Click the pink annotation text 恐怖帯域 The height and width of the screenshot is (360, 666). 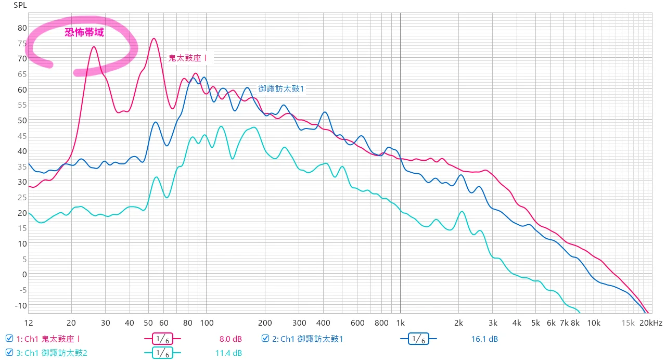click(x=84, y=32)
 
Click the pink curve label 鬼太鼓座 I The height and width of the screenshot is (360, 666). click(x=188, y=58)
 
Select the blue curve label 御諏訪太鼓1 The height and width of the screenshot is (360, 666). click(x=281, y=88)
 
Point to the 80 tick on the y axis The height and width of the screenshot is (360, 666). click(x=22, y=28)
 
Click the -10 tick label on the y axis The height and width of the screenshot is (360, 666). click(x=20, y=305)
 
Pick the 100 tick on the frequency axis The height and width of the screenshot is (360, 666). click(x=207, y=323)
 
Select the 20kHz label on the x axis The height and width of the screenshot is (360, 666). click(x=651, y=323)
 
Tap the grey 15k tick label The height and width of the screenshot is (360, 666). click(x=629, y=323)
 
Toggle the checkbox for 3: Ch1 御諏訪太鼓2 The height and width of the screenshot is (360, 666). click(x=9, y=353)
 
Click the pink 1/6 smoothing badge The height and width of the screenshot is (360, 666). click(x=162, y=339)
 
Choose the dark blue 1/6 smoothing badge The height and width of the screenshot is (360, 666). click(x=418, y=339)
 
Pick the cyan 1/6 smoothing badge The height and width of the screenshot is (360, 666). click(x=162, y=353)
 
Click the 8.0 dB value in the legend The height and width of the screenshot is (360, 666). click(x=230, y=339)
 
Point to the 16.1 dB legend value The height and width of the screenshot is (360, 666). click(x=484, y=339)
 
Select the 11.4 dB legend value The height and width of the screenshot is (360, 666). click(x=228, y=353)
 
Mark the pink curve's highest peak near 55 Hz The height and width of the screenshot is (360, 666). click(x=153, y=38)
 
